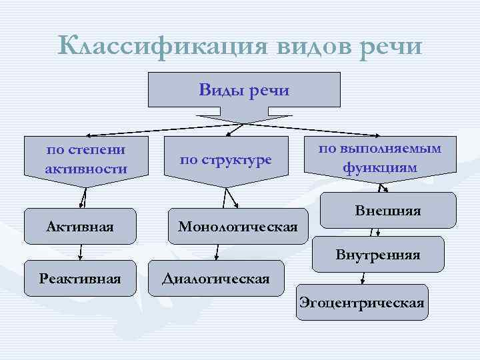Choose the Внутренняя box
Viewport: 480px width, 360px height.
point(377,254)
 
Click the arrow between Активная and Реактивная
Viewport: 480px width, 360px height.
point(81,251)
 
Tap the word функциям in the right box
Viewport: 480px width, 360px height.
point(379,167)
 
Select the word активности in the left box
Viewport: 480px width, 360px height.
point(86,169)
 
